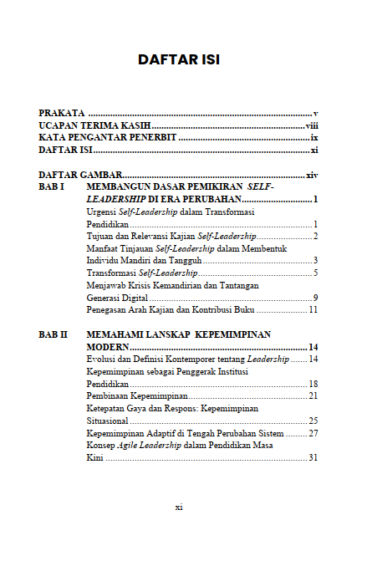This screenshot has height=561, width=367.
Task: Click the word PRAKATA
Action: pyautogui.click(x=62, y=112)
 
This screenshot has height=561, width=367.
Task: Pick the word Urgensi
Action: pyautogui.click(x=102, y=212)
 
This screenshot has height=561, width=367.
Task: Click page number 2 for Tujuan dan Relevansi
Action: pyautogui.click(x=316, y=237)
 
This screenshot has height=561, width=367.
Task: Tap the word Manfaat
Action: pyautogui.click(x=103, y=249)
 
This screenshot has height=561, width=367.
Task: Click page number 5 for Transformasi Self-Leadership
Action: pyautogui.click(x=316, y=273)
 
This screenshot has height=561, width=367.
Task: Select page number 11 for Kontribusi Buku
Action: pyautogui.click(x=313, y=309)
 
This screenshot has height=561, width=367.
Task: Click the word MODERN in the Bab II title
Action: pyautogui.click(x=108, y=346)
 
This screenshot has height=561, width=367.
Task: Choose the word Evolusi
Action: pyautogui.click(x=102, y=359)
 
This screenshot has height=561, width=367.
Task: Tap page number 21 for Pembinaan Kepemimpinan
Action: pyautogui.click(x=313, y=395)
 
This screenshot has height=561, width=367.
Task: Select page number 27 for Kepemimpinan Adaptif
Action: pyautogui.click(x=313, y=433)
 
